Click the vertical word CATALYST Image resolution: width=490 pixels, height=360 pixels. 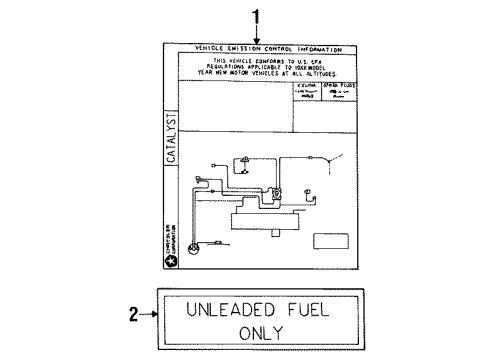click(x=171, y=139)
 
